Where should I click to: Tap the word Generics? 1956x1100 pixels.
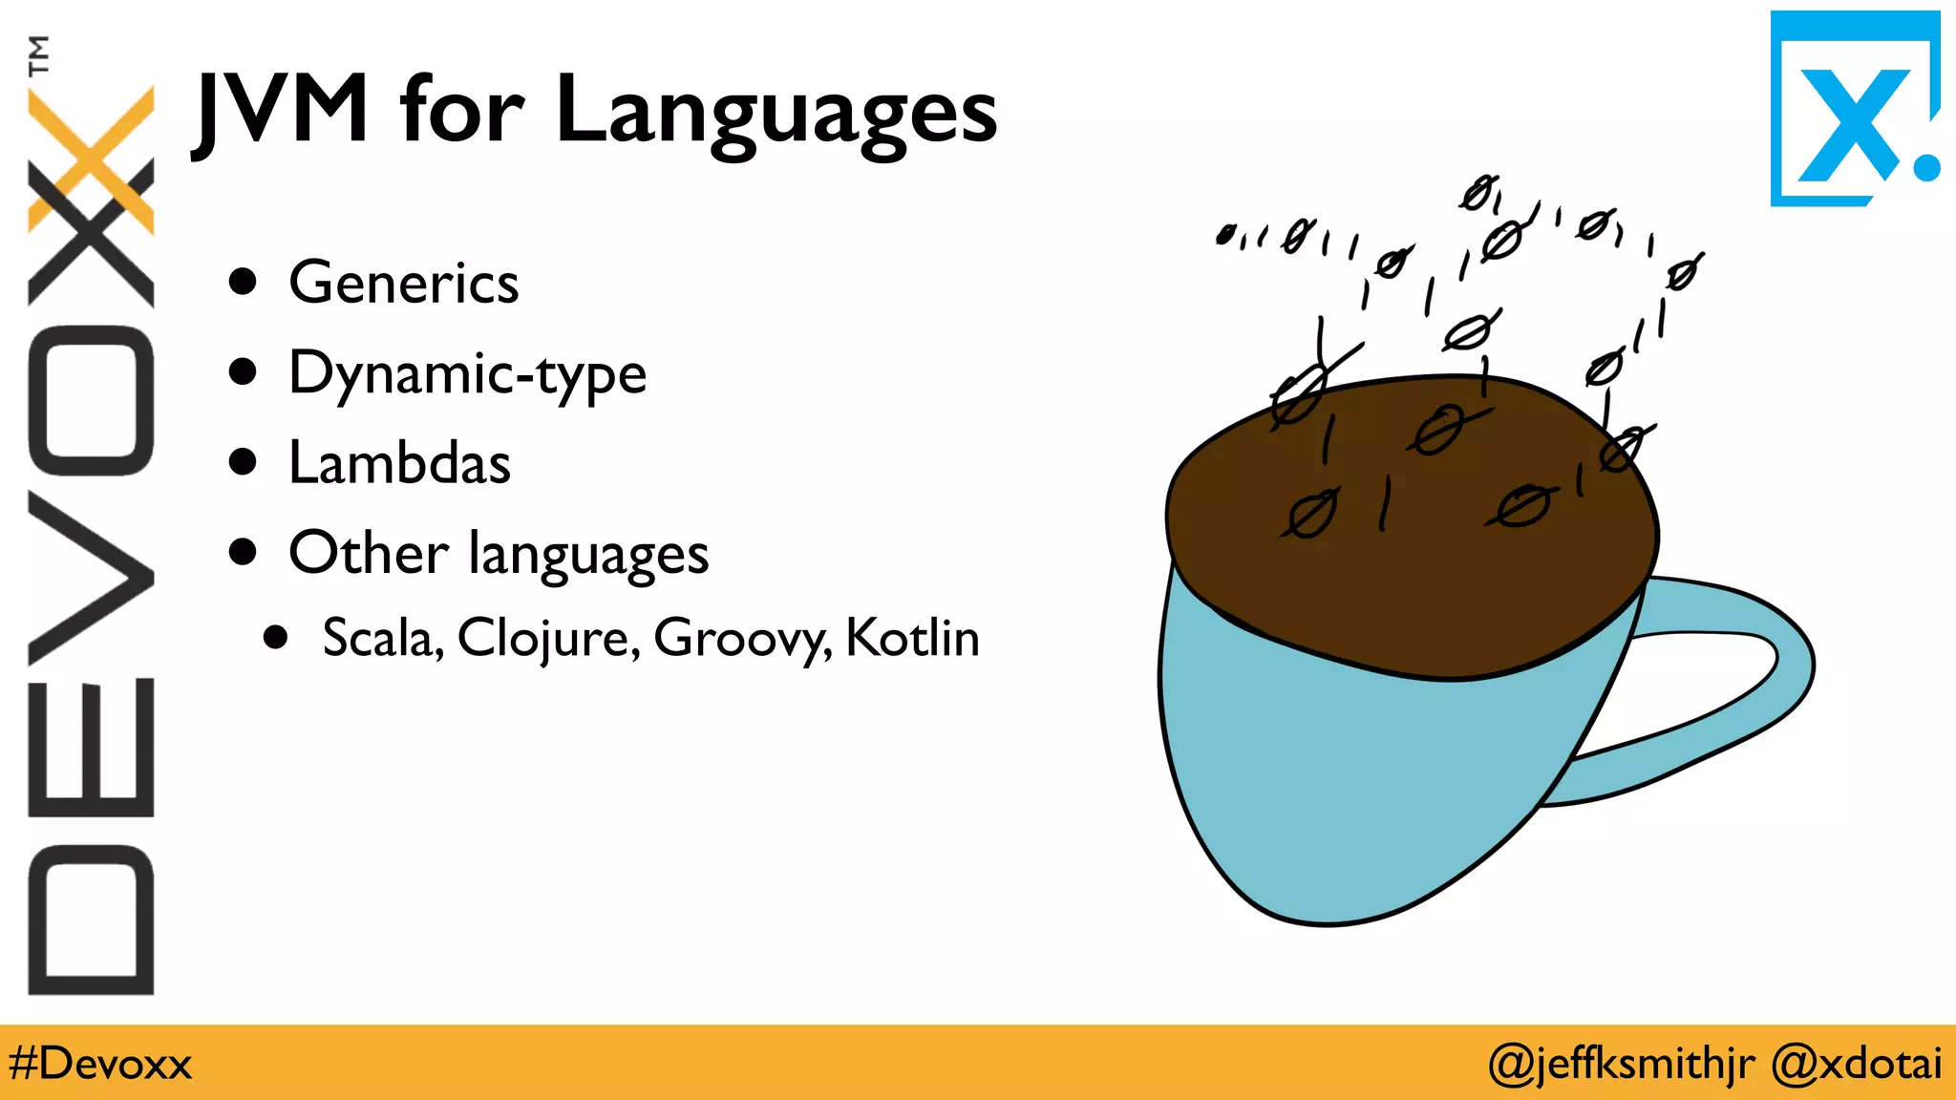coord(403,284)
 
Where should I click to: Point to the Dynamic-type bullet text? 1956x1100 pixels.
coord(467,374)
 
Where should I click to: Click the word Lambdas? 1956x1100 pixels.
coord(399,464)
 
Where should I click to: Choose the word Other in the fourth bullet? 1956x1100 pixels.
coord(368,554)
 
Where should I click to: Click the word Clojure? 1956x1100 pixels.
coord(547,638)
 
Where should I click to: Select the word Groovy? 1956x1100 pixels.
coord(741,638)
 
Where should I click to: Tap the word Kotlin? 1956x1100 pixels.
coord(912,638)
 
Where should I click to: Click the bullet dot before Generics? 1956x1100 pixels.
coord(244,282)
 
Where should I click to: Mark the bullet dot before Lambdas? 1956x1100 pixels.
coord(244,462)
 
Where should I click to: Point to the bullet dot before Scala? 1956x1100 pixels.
coord(276,637)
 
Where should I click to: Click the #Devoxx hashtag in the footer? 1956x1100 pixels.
coord(100,1064)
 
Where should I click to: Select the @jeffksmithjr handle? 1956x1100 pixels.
coord(1621,1064)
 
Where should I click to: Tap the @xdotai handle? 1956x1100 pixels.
coord(1856,1064)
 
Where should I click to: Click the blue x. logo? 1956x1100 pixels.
coord(1854,110)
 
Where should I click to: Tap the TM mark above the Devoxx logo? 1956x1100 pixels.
coord(38,55)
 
